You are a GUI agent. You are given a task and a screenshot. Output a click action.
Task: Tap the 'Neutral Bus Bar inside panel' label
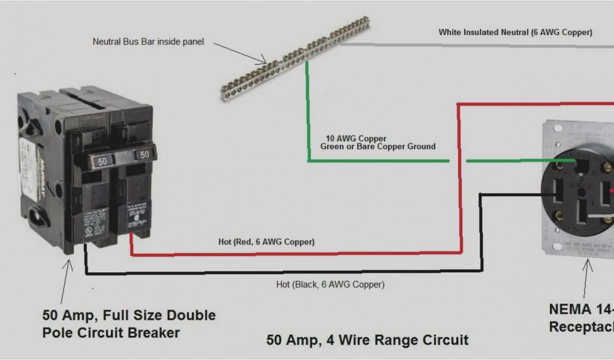[x=148, y=42]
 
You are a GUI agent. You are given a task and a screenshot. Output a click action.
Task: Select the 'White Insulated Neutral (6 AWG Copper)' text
[x=515, y=32]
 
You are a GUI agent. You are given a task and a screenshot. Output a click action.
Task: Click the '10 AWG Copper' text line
[x=356, y=138]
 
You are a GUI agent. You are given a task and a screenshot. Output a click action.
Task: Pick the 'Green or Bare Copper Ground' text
[x=378, y=146]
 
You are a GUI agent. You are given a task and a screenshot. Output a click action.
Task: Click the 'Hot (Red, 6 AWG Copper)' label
[x=266, y=242]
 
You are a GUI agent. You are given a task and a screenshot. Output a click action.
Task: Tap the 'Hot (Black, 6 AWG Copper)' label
[x=330, y=284]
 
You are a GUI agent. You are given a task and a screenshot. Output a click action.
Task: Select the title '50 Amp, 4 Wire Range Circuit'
[x=367, y=340]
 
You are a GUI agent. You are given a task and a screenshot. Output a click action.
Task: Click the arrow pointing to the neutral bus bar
[x=240, y=53]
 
